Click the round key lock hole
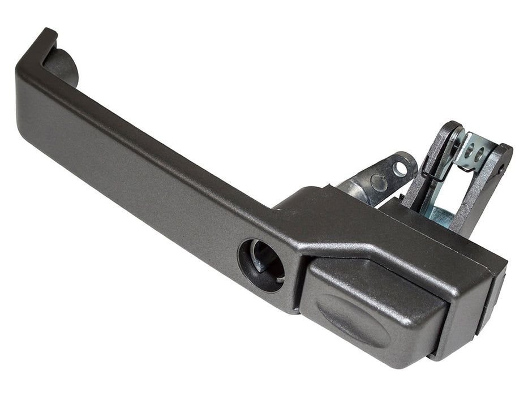261,265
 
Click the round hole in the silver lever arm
400,167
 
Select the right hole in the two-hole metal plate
485,154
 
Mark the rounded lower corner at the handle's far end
25,133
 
